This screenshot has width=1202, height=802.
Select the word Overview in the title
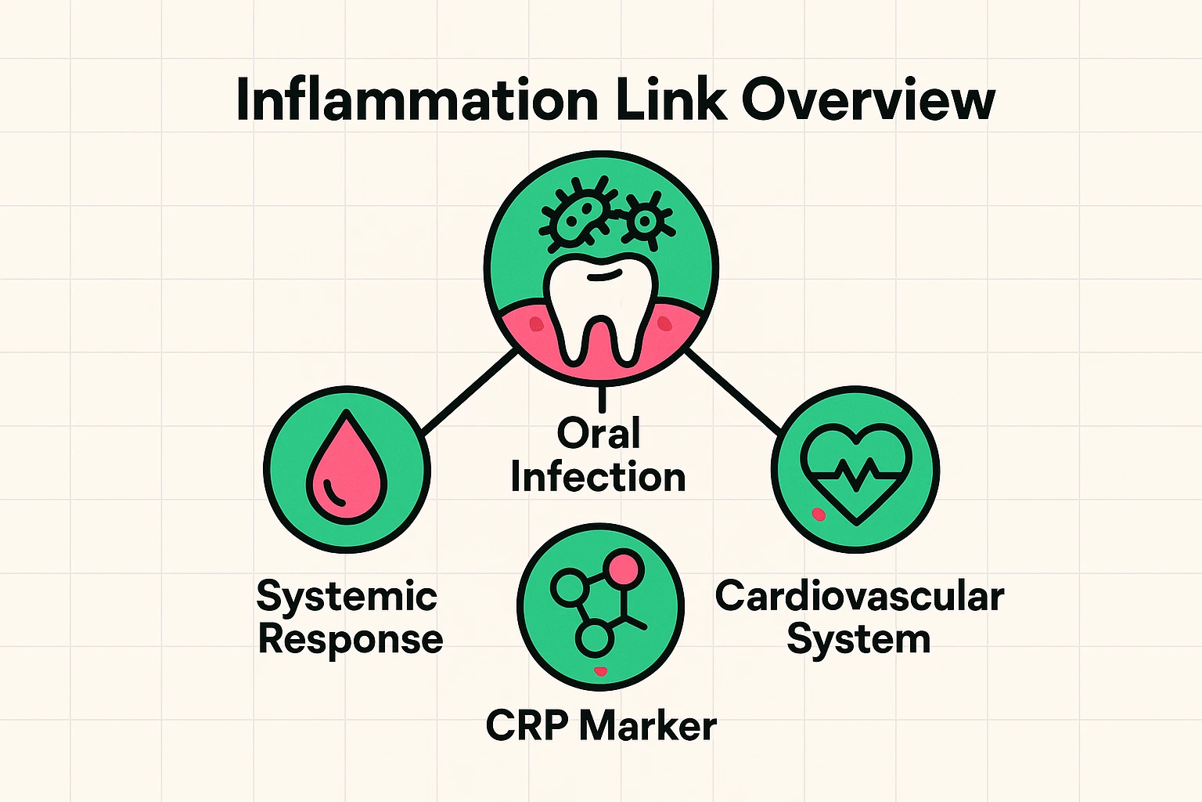[868, 100]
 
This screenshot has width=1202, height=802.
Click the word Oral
[599, 433]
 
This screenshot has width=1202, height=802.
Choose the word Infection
[598, 477]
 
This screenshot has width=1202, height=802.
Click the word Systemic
[347, 597]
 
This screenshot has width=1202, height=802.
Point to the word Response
[350, 639]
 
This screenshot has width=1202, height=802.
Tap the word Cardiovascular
[858, 597]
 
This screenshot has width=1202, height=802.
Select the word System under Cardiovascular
[858, 639]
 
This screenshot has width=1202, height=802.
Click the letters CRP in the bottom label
[527, 726]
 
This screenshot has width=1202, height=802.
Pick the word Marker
[648, 726]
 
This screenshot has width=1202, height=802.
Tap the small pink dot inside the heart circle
[819, 514]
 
